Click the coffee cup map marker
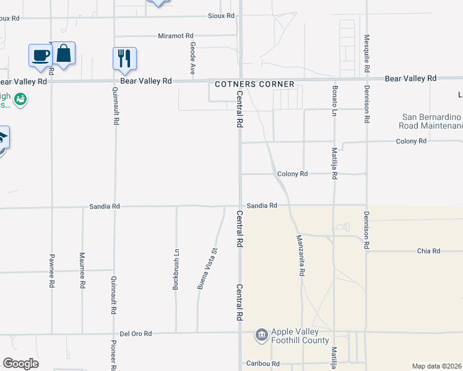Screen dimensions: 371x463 tap(40, 55)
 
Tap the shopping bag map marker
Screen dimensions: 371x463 tap(63, 53)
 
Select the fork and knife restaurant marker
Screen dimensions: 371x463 tap(124, 59)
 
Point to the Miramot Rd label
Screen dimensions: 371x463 tap(176, 36)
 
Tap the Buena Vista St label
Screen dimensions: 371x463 tap(207, 269)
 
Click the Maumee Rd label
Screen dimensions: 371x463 tap(82, 270)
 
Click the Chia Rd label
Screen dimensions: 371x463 tap(428, 251)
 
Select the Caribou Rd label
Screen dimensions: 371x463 tap(263, 364)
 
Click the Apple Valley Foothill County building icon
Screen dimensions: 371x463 tap(261, 336)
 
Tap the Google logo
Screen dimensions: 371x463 tap(20, 364)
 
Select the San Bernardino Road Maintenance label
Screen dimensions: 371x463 tap(432, 121)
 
